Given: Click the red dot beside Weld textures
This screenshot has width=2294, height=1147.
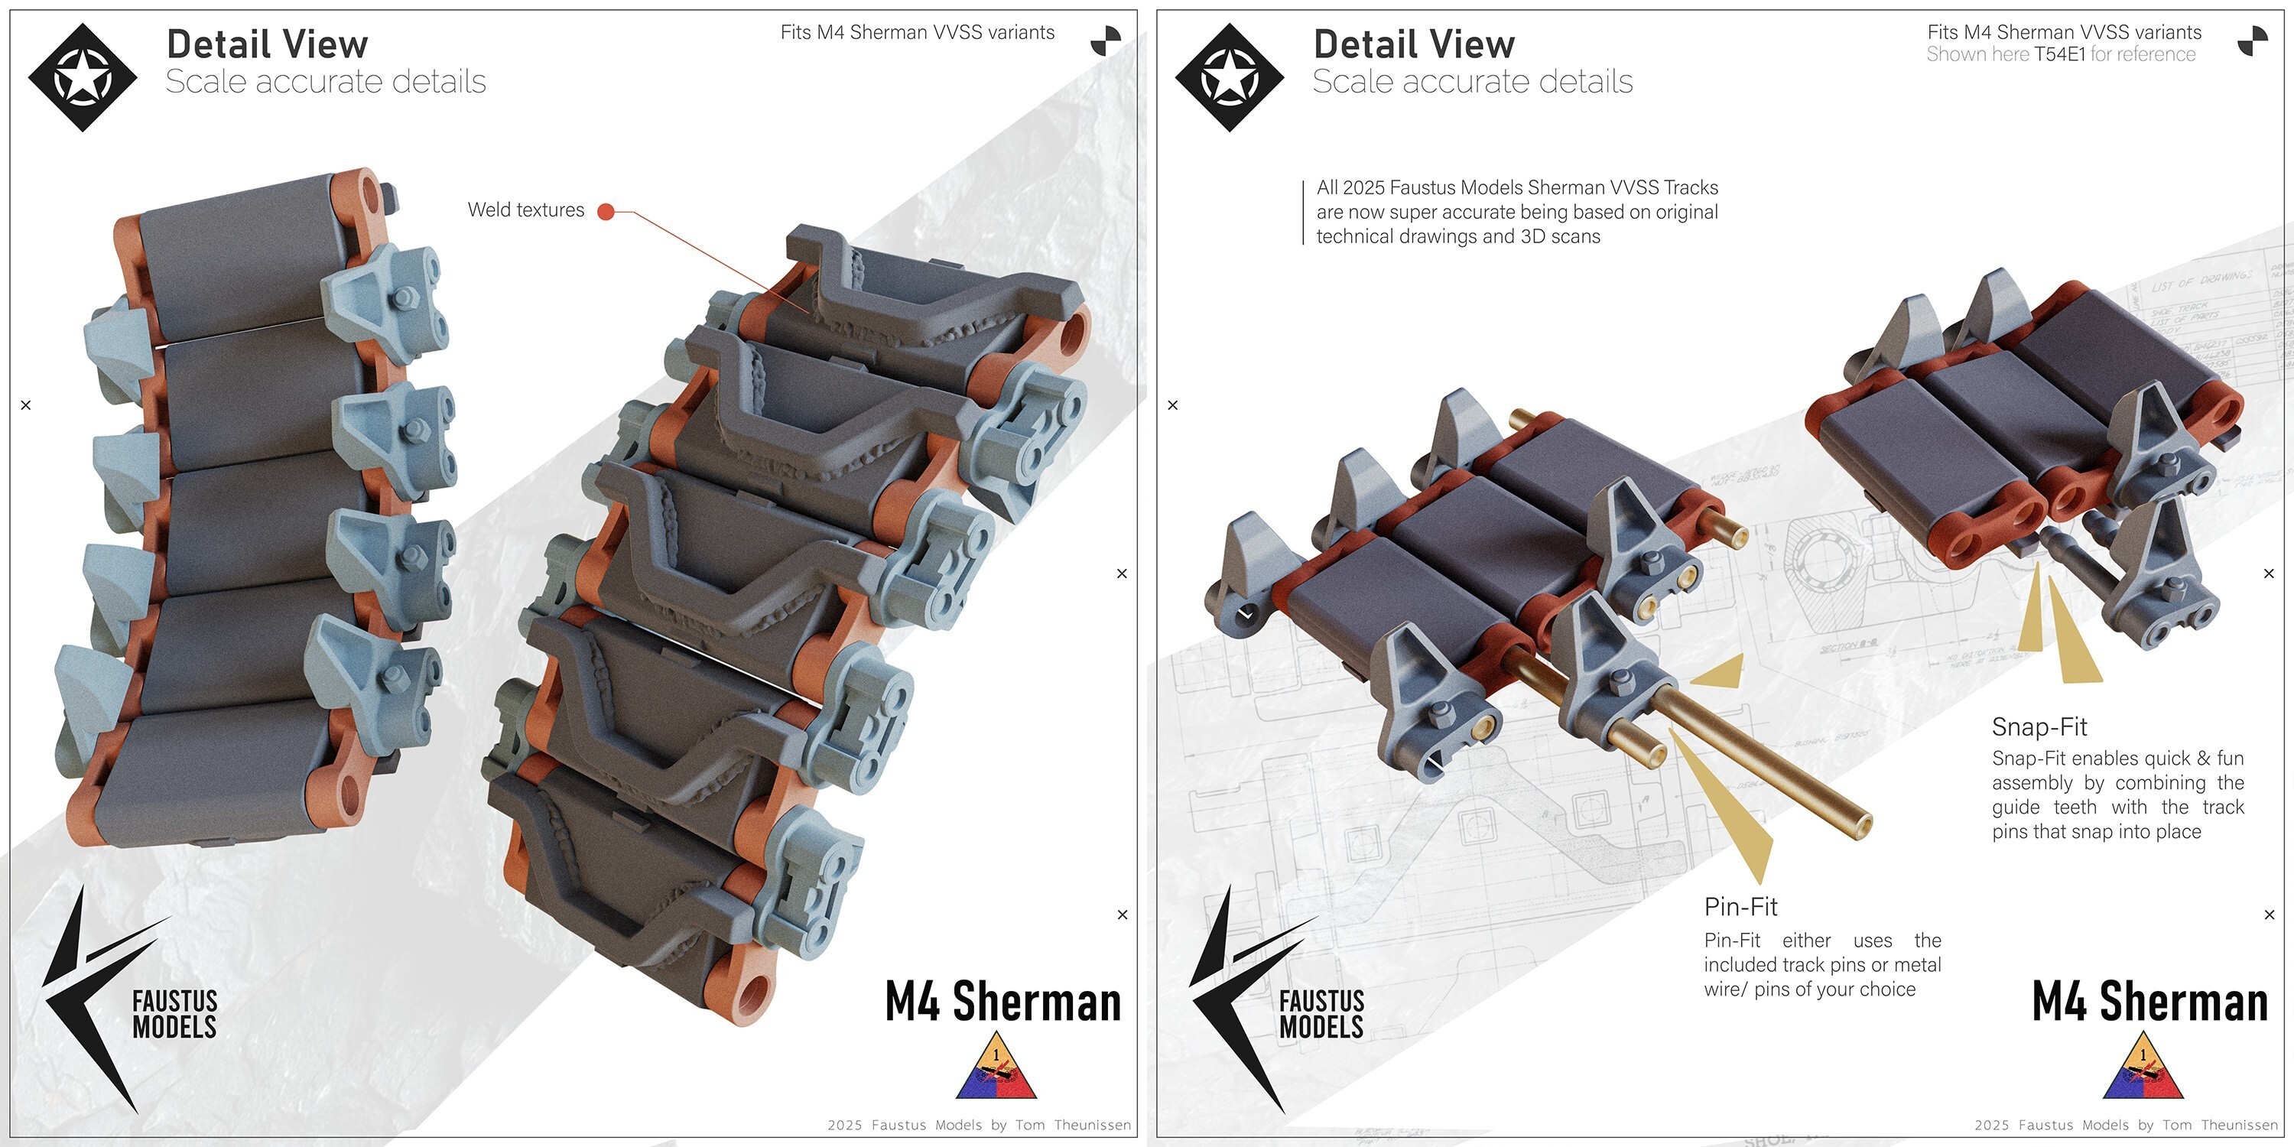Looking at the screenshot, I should point(606,211).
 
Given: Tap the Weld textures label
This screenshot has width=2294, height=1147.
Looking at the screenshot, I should point(525,210).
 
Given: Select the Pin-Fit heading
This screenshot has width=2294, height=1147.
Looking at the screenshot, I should point(1740,907).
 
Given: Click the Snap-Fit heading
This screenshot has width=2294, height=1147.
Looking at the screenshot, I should point(2039,726).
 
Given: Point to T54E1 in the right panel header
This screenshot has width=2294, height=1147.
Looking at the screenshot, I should point(2059,54).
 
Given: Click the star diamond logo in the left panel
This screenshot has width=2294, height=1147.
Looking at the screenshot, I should point(82,77).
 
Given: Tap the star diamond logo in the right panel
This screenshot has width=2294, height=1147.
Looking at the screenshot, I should point(1229,77).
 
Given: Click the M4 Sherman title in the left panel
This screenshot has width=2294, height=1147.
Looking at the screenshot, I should point(1002,1001).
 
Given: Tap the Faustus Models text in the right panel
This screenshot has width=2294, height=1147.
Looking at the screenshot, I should point(1321,1014).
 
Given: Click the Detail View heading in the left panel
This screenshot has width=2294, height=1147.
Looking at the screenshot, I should point(267,44).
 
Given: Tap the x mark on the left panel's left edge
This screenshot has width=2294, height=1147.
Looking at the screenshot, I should point(26,405).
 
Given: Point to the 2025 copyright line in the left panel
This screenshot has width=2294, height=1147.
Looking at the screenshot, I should point(979,1125).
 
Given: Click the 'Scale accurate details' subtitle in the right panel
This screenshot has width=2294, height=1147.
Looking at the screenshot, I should point(1472,82).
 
